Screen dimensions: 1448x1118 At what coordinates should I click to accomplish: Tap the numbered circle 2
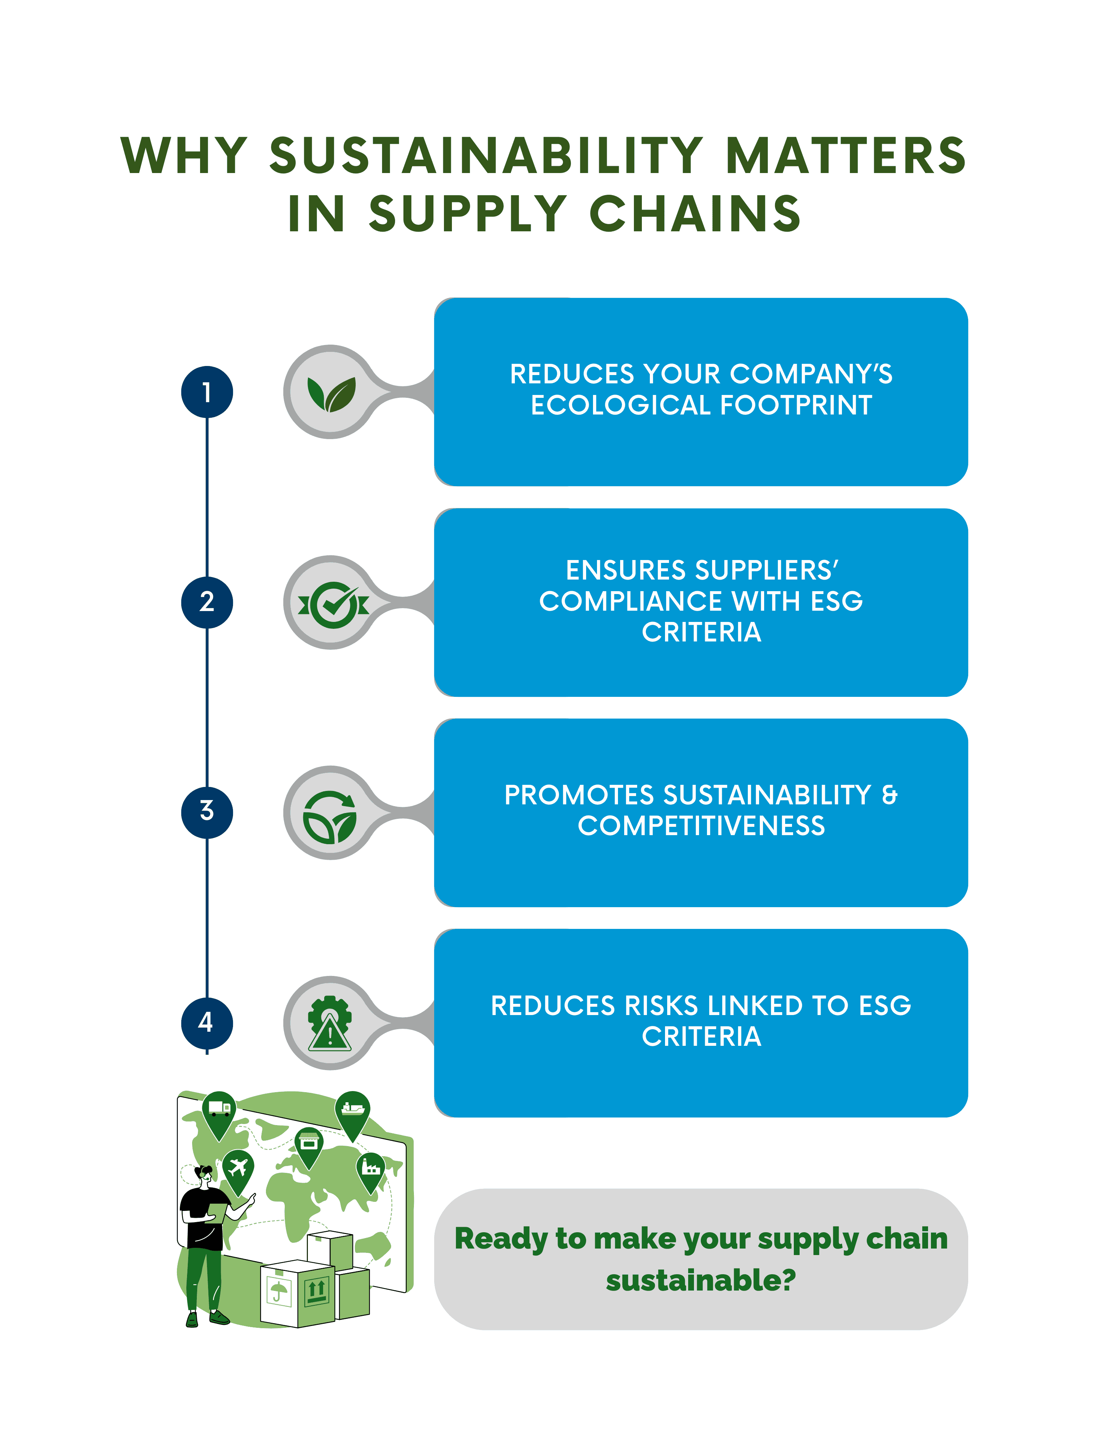(207, 602)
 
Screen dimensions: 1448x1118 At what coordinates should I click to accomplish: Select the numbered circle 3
(207, 812)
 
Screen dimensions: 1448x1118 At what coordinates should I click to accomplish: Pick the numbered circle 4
(207, 1022)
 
